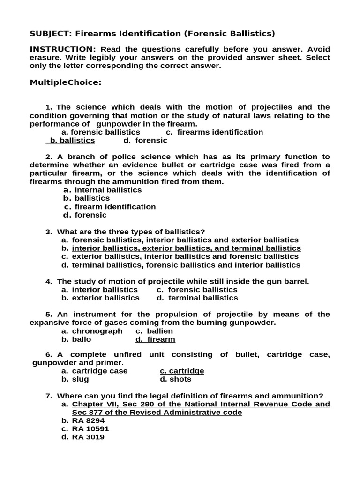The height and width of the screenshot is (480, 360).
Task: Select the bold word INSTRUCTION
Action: [x=63, y=49]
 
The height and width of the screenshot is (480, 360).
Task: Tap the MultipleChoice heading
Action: [x=66, y=82]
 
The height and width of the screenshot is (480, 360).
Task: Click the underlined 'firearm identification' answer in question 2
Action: [x=115, y=207]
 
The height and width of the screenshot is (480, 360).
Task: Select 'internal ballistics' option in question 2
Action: [x=108, y=190]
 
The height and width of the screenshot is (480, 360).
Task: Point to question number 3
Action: [x=48, y=232]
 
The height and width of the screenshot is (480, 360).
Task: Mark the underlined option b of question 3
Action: [x=186, y=248]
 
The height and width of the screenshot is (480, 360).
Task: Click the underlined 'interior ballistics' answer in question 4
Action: [x=105, y=290]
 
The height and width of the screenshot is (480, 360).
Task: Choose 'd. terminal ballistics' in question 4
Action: [x=197, y=298]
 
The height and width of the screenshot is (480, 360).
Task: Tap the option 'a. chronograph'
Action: [x=92, y=331]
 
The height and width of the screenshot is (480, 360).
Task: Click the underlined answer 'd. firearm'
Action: [x=155, y=339]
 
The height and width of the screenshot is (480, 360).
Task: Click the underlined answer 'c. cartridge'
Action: [x=182, y=371]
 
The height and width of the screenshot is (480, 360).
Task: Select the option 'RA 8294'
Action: [x=88, y=420]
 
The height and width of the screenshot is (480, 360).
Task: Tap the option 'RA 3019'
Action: [x=88, y=437]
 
